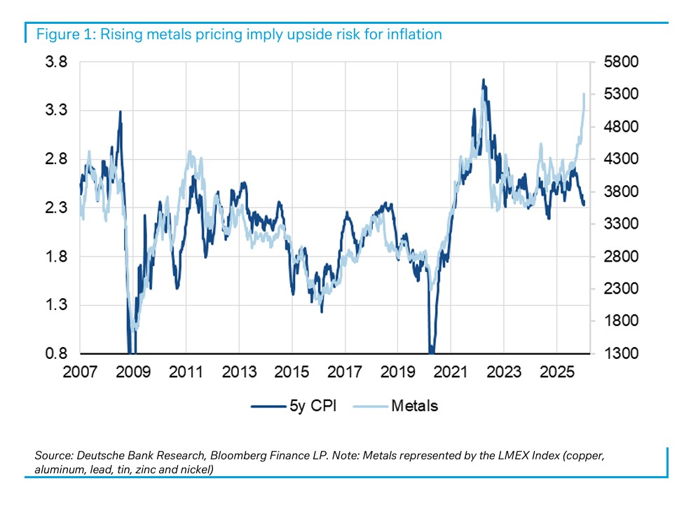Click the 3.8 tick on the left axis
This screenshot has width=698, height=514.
click(56, 62)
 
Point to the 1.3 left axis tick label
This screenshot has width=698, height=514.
click(56, 305)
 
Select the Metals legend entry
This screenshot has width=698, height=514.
click(414, 405)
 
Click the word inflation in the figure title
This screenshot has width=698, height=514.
click(415, 34)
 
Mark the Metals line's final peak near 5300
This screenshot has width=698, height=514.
click(584, 94)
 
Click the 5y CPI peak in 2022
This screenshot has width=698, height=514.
click(484, 80)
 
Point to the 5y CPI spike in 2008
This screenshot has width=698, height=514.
click(120, 111)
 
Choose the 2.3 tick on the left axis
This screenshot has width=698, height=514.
click(56, 208)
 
